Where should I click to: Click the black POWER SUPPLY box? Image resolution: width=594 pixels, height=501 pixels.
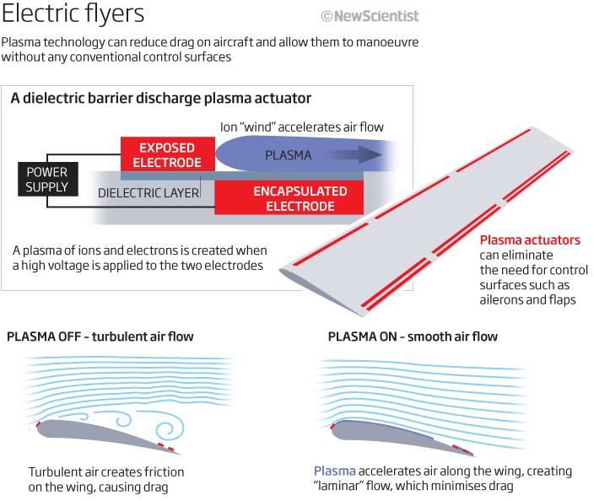(48, 179)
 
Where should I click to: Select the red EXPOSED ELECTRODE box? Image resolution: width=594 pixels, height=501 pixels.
(168, 154)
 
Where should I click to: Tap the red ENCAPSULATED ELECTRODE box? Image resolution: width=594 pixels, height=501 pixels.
(289, 197)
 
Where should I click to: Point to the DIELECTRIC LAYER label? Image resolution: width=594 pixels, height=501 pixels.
(148, 193)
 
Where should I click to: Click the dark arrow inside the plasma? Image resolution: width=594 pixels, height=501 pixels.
(354, 154)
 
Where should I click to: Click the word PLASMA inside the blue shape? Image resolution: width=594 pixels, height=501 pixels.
(289, 155)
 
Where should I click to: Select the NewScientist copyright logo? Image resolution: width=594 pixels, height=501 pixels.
(370, 16)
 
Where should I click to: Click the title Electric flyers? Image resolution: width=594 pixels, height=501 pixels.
(73, 13)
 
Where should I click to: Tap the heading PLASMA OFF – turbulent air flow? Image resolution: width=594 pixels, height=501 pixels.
(100, 337)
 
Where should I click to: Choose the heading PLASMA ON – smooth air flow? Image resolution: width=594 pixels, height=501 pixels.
(413, 337)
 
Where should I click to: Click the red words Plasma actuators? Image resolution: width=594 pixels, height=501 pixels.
(530, 240)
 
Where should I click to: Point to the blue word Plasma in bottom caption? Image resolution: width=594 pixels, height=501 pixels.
(334, 471)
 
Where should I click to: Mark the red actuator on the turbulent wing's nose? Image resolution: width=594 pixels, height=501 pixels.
(38, 423)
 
